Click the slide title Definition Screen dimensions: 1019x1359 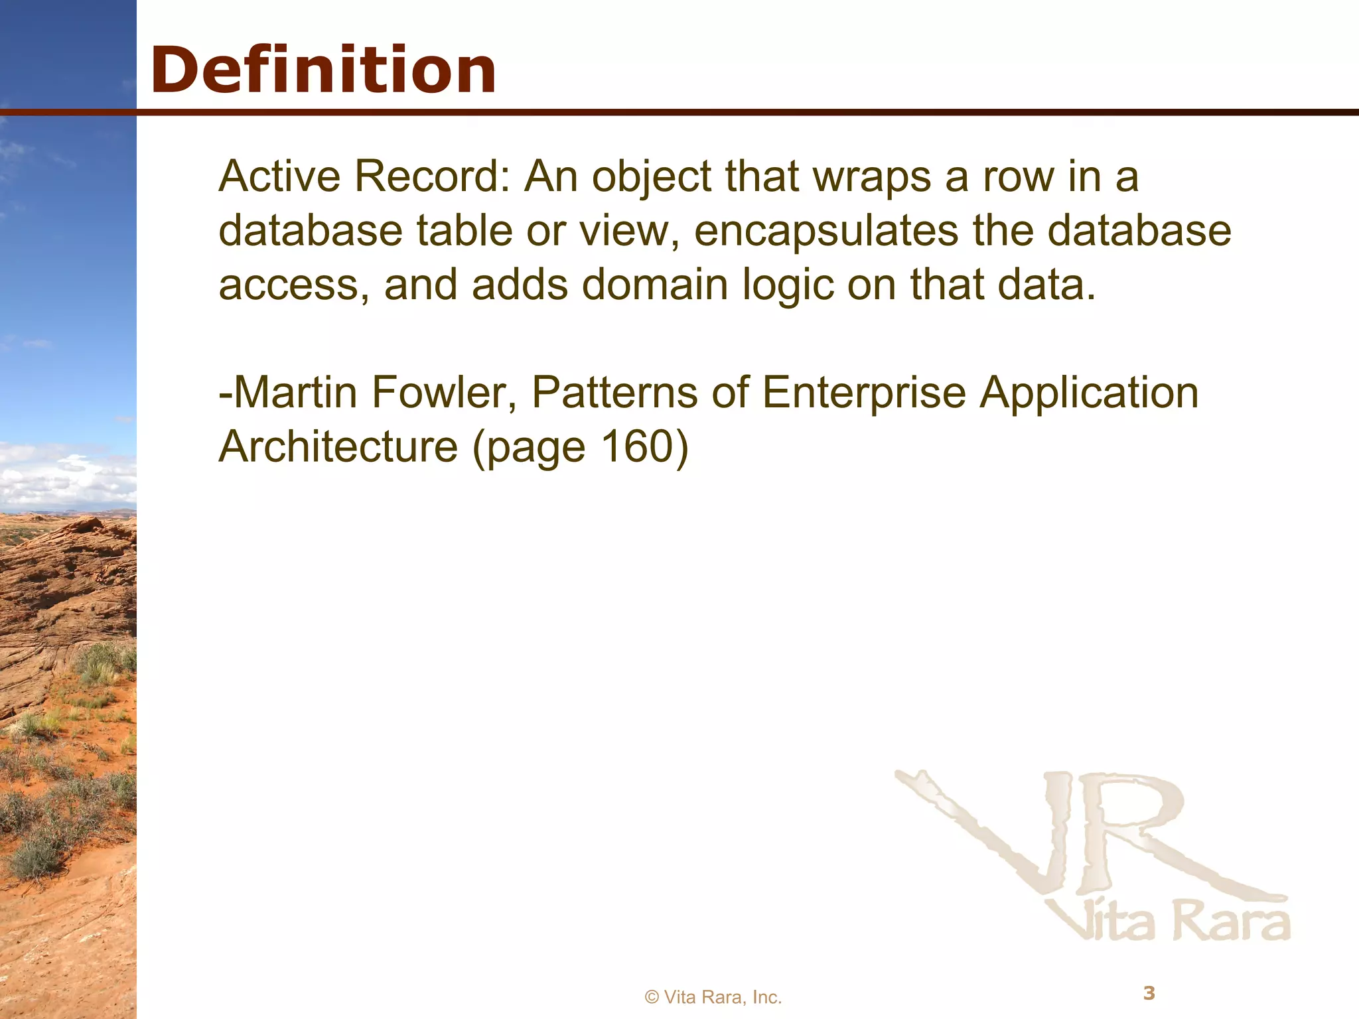tap(323, 70)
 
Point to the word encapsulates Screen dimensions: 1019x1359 tap(826, 231)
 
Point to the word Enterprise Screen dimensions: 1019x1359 tap(863, 393)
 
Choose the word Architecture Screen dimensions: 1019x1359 tap(338, 447)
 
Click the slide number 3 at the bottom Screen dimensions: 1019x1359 tap(1149, 993)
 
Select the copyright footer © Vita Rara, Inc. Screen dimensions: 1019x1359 tap(713, 997)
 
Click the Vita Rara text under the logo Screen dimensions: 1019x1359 tap(1171, 922)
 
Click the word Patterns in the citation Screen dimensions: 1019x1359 tap(614, 393)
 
